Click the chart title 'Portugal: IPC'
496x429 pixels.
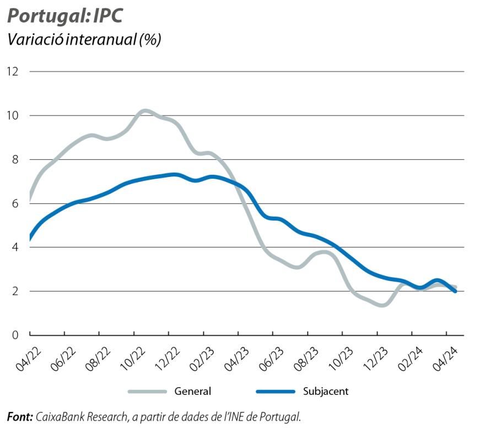point(64,15)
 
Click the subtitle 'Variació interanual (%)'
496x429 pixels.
point(83,40)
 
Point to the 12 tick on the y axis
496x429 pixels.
point(13,72)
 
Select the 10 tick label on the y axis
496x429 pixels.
point(13,116)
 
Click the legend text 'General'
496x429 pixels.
point(193,392)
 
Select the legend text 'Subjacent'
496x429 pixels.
point(326,392)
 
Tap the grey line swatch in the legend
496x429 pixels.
point(147,392)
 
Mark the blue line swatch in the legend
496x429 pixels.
point(275,392)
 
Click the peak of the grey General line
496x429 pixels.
point(144,111)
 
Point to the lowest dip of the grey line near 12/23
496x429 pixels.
point(382,304)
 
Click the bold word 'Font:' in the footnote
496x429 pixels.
point(20,416)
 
